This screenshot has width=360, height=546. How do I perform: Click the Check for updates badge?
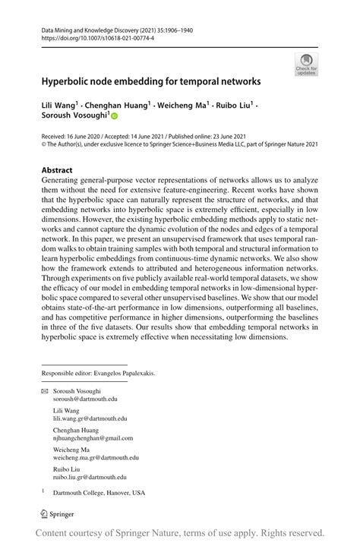[307, 63]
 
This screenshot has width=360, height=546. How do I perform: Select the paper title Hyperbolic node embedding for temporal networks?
[150, 80]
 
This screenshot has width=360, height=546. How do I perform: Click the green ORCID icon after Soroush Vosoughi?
[115, 117]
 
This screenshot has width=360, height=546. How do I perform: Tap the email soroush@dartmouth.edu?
[84, 397]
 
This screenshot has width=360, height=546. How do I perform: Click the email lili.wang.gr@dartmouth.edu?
[90, 418]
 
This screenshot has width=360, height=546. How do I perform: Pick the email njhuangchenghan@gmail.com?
[93, 438]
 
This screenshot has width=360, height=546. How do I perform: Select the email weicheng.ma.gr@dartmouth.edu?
[96, 458]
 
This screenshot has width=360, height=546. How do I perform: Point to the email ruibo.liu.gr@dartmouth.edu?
[90, 478]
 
